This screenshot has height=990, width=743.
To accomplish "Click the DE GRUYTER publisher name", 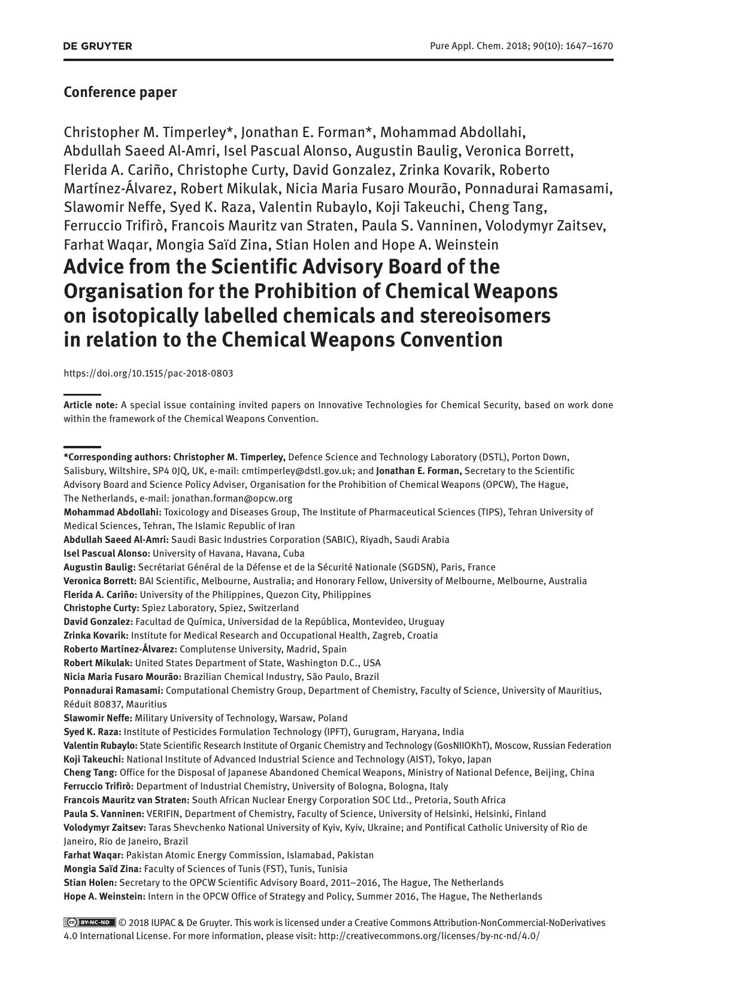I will (x=98, y=46).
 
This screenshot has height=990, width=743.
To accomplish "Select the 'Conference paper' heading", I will (x=120, y=92).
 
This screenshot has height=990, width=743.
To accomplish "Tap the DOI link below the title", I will (x=148, y=373).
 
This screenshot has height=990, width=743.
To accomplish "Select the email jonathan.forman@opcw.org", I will (x=232, y=499).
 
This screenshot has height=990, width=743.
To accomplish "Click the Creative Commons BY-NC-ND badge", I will (x=90, y=922).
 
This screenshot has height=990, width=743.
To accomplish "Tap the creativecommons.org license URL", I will (x=429, y=936).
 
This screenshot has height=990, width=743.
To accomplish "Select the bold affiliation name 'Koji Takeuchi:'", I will (x=94, y=760).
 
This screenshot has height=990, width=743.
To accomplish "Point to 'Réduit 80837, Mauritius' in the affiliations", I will (x=115, y=704).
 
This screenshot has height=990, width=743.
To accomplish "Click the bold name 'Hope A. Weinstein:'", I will (x=104, y=897).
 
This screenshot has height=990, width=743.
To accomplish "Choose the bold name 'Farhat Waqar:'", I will (x=93, y=855).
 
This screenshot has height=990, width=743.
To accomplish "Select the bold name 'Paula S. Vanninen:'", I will (x=104, y=814).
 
